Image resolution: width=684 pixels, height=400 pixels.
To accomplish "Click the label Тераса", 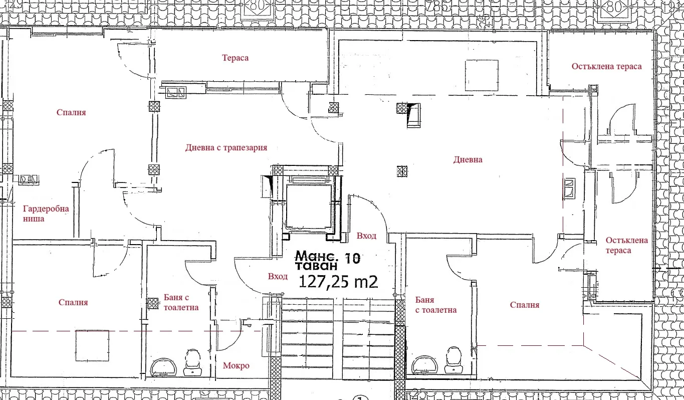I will [x=235, y=58].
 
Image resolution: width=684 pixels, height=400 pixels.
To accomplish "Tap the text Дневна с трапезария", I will [x=226, y=148].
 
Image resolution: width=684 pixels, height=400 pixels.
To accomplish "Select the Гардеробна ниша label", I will [x=46, y=214].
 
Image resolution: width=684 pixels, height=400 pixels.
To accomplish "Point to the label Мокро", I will [x=236, y=366].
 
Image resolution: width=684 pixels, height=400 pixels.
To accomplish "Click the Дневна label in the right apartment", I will [x=468, y=160].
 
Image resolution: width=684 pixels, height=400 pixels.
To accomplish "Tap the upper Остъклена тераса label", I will [x=606, y=67].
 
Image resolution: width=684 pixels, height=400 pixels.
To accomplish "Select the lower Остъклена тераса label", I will [x=626, y=245].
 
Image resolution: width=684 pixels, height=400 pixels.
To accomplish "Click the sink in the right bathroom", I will [x=424, y=365].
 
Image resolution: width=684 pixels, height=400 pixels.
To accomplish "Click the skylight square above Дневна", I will [x=482, y=75].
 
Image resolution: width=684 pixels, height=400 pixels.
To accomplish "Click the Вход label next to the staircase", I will [x=278, y=277].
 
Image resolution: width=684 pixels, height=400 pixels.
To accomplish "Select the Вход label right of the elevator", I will [x=366, y=236].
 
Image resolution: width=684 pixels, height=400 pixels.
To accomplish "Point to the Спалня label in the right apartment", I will [x=524, y=305].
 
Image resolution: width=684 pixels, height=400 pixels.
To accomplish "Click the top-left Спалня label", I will [x=71, y=113].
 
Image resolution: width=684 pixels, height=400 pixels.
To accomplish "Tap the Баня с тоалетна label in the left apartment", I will [x=180, y=302].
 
